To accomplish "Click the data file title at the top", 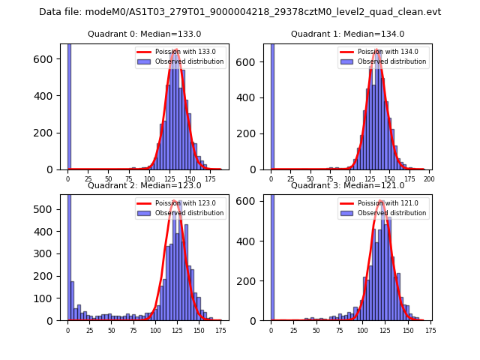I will coord(240,12).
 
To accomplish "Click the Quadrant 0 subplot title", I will coord(144,34).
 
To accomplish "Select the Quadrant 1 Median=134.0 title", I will coord(347,34).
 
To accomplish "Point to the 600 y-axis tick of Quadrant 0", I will coord(49,59).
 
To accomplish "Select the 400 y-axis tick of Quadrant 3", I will coord(252,241).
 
